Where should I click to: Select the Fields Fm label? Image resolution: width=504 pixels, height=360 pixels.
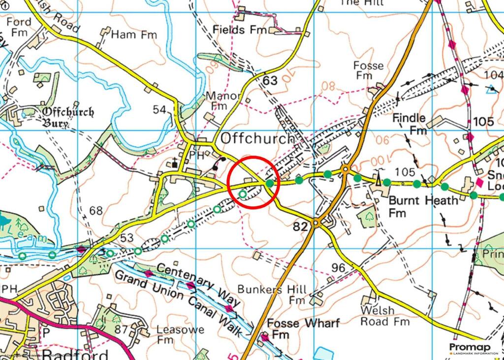pos(239,30)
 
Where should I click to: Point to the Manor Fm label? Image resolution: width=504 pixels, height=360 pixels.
pos(222,100)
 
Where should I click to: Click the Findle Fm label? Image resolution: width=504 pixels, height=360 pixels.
pos(409,124)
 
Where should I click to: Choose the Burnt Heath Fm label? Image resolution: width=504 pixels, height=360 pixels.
pos(423,207)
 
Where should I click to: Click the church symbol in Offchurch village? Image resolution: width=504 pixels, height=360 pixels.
pos(173,162)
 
